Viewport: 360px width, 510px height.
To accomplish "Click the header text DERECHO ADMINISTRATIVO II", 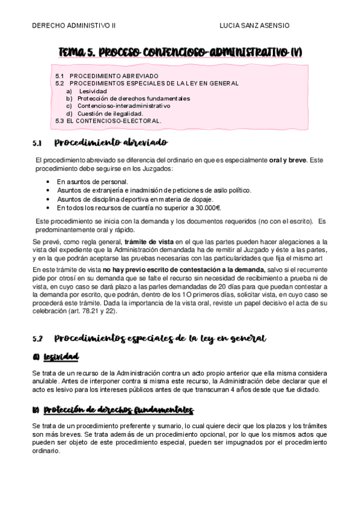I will tap(73, 26).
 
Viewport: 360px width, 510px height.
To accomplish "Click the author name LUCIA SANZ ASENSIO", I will tap(254, 26).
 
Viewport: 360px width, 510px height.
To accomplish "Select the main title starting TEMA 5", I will tap(180, 53).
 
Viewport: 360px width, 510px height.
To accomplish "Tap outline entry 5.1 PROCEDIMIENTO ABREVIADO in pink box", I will tap(106, 75).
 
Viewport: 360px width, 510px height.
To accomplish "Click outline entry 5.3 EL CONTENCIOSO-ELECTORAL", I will tap(108, 120).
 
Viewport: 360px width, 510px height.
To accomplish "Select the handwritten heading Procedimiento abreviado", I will tap(111, 143).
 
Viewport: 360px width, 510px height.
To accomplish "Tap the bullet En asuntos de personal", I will tap(92, 182).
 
